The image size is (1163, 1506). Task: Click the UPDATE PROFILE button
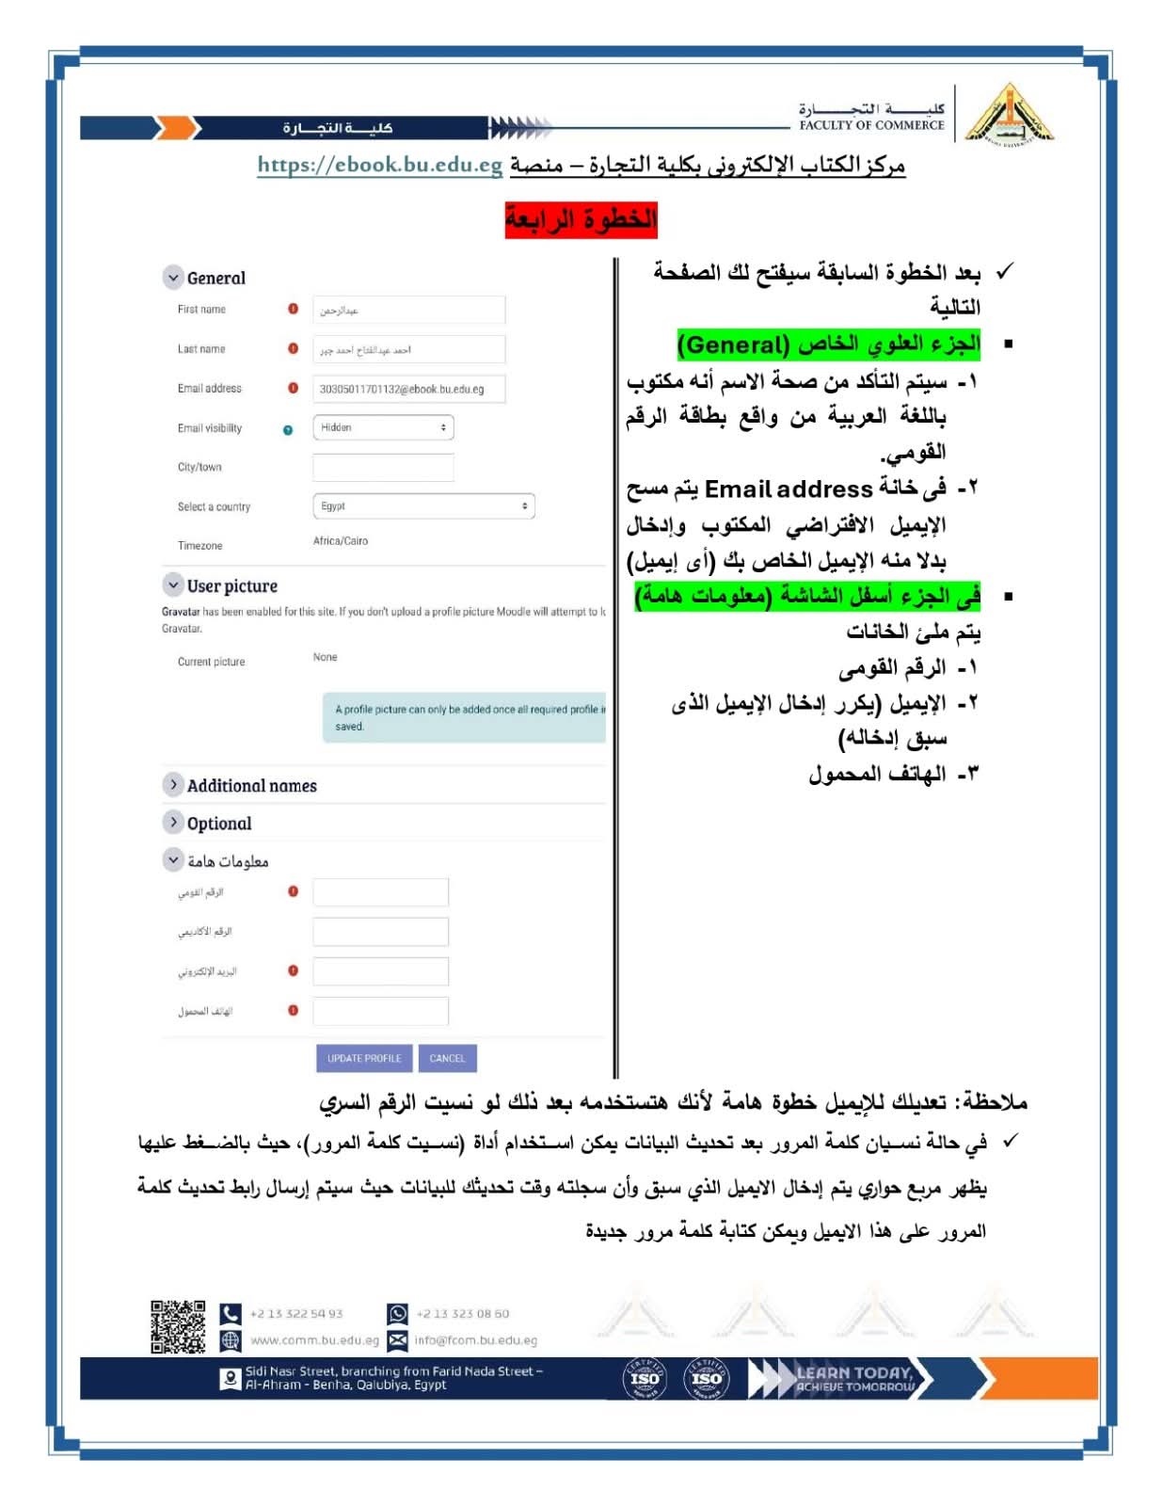[363, 1058]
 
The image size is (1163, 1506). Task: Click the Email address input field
[408, 389]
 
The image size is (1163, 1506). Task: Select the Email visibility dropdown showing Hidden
[383, 427]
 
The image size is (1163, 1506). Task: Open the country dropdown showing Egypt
[423, 506]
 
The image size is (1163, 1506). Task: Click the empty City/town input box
[383, 467]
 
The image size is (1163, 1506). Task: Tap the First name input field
[408, 310]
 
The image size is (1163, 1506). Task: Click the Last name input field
[408, 349]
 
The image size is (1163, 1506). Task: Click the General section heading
[215, 278]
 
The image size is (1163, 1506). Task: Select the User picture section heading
[231, 585]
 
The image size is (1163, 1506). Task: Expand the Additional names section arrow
[173, 785]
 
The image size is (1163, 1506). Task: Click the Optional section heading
[219, 824]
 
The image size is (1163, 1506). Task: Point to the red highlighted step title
[581, 219]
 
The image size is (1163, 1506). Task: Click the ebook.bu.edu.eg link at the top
[380, 165]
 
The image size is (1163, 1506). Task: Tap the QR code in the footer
[178, 1326]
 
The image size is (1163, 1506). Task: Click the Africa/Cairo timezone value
[341, 541]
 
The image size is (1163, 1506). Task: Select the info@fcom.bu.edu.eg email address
[476, 1340]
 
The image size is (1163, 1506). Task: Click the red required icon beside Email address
[293, 388]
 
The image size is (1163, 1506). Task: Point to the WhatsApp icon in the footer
[397, 1313]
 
